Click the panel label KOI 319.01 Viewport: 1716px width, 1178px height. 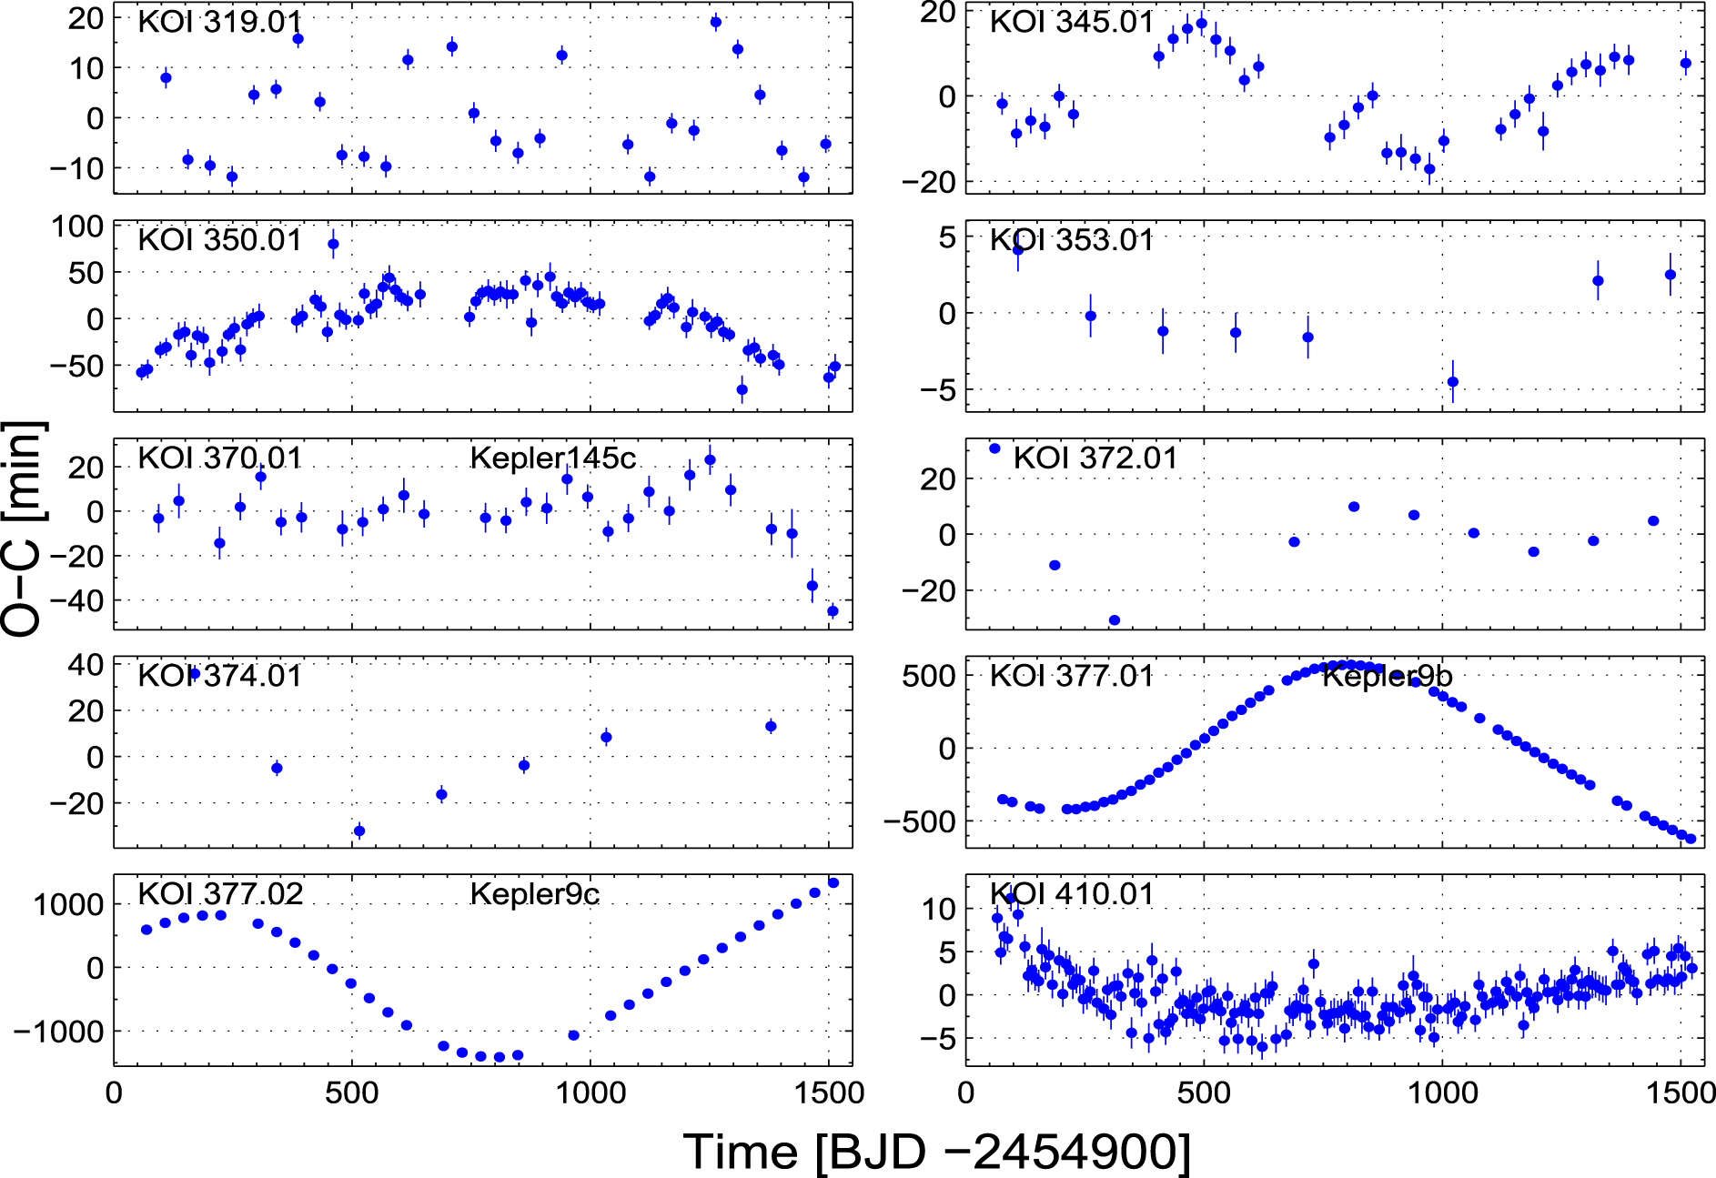(219, 22)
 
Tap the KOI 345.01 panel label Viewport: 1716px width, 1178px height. (1071, 22)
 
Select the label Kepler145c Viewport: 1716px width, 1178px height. (552, 458)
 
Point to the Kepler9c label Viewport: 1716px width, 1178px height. (534, 895)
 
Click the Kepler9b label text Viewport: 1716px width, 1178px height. (1387, 676)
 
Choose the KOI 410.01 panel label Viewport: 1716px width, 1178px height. (1071, 895)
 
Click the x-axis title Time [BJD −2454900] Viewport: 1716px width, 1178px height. (936, 1152)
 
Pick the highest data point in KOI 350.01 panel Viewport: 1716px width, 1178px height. (333, 244)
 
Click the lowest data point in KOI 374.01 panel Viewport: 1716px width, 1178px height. (359, 831)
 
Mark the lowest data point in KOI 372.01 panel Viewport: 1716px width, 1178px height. (1115, 620)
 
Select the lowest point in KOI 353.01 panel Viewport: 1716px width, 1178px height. (1453, 382)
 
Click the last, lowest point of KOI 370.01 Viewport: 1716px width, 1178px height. (833, 611)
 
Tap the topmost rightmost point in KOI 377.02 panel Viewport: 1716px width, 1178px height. (833, 883)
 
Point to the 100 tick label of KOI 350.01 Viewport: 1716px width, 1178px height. (77, 227)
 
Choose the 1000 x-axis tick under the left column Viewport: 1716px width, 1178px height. (590, 1092)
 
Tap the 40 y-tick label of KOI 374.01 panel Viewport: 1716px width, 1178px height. (86, 665)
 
